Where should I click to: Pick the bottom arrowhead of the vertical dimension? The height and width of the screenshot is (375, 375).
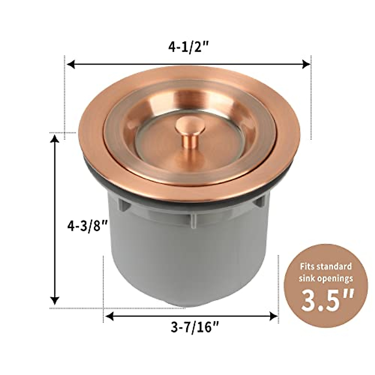point(55,301)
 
